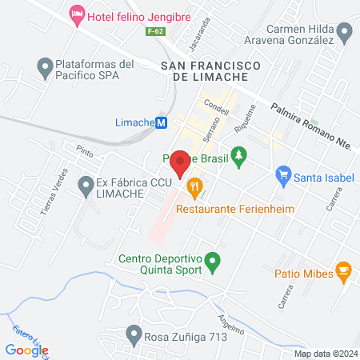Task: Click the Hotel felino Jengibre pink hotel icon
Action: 78,14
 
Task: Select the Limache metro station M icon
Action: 161,122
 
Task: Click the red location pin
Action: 180,163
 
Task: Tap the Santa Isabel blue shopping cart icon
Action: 282,174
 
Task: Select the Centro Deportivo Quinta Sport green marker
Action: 212,260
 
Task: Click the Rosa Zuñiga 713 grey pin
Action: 134,334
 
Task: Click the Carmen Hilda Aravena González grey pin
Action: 346,33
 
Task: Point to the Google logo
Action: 26,350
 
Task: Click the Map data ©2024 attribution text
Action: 325,354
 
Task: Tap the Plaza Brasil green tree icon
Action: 237,154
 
